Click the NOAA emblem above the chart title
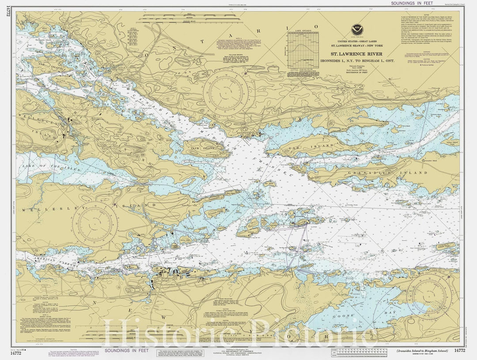[356, 31]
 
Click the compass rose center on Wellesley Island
[95, 224]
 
